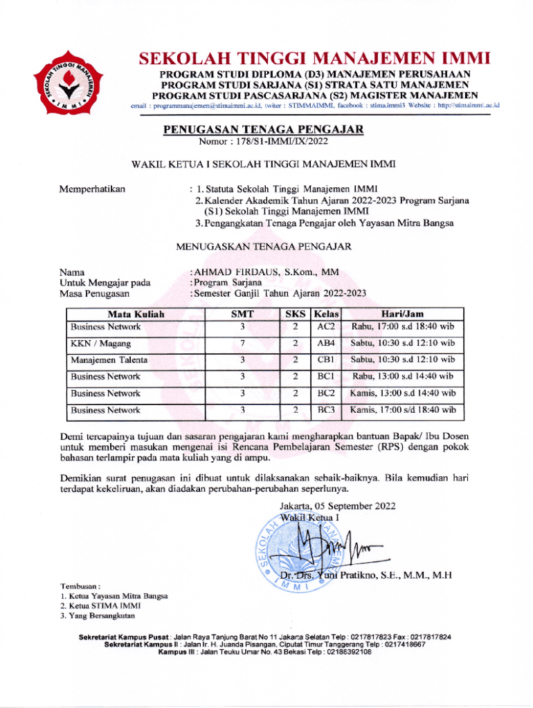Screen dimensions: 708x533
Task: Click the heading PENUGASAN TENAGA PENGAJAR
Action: pyautogui.click(x=262, y=129)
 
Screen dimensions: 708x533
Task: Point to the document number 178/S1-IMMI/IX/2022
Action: pyautogui.click(x=278, y=142)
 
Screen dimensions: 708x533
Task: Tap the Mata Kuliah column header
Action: pyautogui.click(x=136, y=314)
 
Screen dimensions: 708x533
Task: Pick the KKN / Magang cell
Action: pyautogui.click(x=100, y=343)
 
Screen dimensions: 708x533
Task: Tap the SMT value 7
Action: pyautogui.click(x=242, y=343)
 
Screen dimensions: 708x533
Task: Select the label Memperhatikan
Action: pyautogui.click(x=93, y=188)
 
